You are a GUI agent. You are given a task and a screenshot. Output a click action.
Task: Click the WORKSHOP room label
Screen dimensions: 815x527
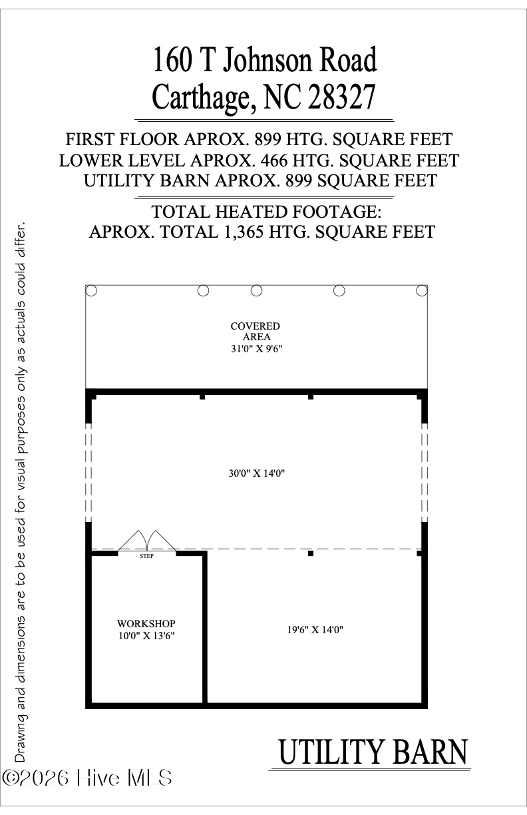[x=146, y=623]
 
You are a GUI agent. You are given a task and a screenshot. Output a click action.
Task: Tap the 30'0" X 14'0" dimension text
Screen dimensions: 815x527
[x=256, y=473]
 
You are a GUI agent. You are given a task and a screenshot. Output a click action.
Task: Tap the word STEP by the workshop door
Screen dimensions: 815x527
[x=146, y=556]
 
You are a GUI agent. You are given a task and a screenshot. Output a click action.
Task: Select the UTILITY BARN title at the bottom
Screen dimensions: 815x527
[x=373, y=752]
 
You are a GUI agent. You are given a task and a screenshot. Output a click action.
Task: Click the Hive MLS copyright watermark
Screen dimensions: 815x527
[x=88, y=778]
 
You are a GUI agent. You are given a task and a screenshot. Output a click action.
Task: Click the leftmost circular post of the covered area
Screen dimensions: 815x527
[x=92, y=290]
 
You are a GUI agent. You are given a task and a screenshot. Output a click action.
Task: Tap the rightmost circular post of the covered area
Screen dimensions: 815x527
[x=421, y=290]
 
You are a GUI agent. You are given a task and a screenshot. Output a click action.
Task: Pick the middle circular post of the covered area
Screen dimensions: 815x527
[x=256, y=290]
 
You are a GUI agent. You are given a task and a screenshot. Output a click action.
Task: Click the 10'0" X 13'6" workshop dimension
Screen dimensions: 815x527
[x=146, y=636]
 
